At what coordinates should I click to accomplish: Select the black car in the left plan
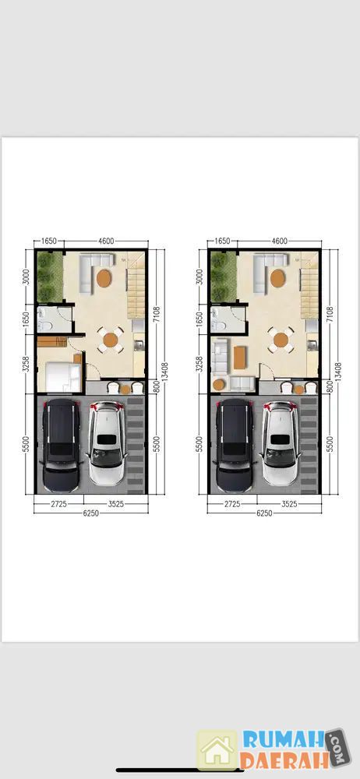[62, 446]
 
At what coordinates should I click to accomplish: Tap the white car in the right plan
[279, 444]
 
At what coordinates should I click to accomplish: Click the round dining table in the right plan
[281, 340]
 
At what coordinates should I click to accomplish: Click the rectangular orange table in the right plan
[240, 358]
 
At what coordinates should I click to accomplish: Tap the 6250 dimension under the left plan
[91, 513]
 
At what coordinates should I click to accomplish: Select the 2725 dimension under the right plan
[231, 503]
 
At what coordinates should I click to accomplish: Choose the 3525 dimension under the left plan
[115, 503]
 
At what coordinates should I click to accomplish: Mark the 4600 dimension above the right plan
[279, 241]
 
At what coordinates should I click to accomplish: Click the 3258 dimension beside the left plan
[26, 365]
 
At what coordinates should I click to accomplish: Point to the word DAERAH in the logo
[283, 760]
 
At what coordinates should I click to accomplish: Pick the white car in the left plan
[106, 444]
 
